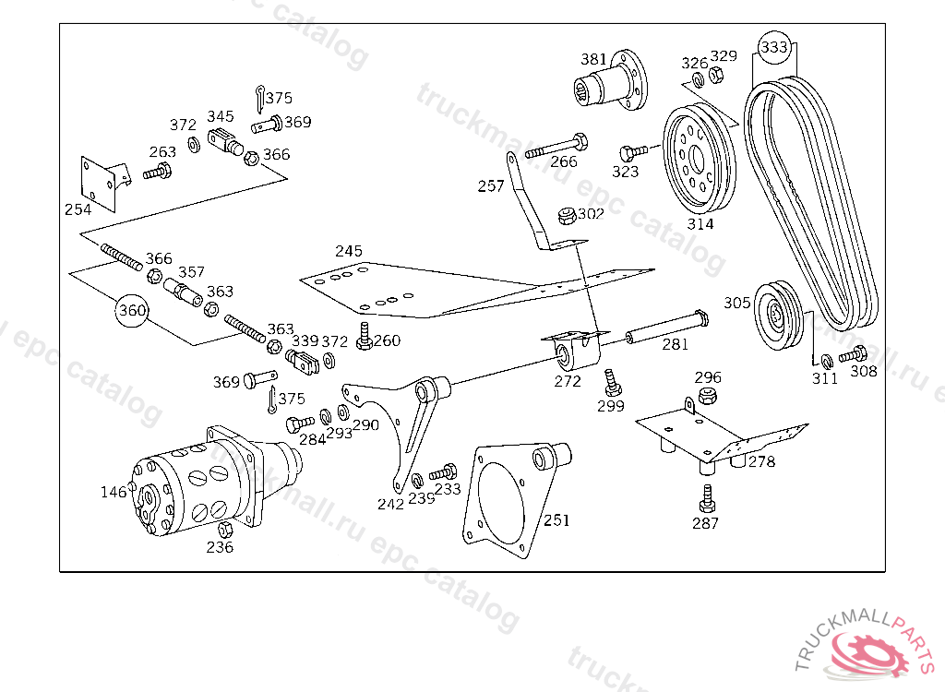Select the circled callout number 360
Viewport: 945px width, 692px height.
coord(132,311)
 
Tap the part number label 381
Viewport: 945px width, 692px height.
coord(593,59)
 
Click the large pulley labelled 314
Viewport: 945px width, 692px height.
coord(700,160)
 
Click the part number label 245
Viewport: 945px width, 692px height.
coord(349,251)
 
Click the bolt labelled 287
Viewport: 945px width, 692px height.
coord(707,498)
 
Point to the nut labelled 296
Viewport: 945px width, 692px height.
coord(708,397)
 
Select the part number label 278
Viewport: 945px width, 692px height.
coord(761,461)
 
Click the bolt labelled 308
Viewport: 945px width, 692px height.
coord(853,354)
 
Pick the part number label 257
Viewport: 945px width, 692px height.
coord(491,186)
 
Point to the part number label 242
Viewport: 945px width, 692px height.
coord(390,505)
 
